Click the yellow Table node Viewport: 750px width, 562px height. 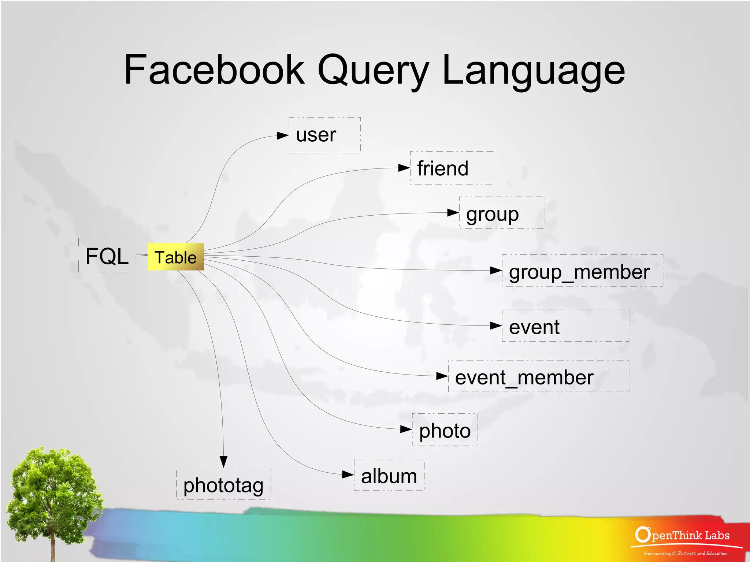[175, 257]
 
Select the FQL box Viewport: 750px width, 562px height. [107, 256]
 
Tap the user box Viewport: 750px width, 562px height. [324, 135]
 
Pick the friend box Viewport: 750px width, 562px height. [451, 168]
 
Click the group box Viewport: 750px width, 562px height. [501, 213]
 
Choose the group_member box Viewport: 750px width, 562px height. [582, 271]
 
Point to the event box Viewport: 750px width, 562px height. [565, 326]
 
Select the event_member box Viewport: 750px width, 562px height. [538, 376]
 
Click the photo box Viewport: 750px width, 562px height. [445, 429]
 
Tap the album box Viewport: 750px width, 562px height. [389, 475]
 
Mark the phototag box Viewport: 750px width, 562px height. [223, 484]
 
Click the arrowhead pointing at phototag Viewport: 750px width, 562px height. [223, 461]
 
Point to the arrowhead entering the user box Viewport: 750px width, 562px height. [282, 136]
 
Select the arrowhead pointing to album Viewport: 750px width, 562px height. [348, 474]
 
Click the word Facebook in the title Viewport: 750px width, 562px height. [214, 70]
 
